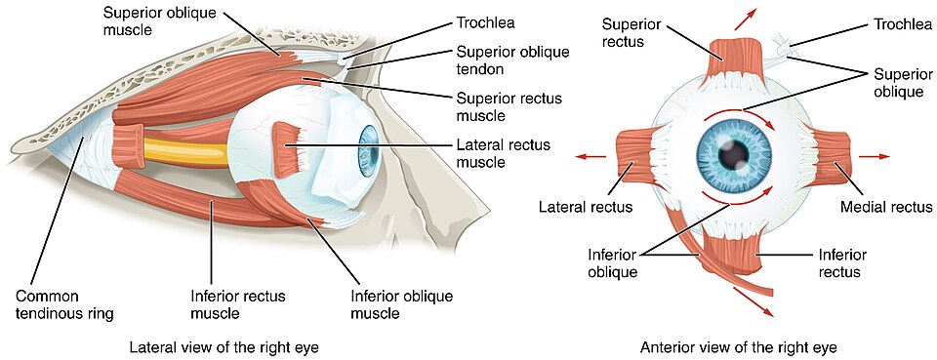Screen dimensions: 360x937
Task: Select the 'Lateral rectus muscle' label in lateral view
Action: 503,153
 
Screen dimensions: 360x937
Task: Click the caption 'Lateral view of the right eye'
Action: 224,346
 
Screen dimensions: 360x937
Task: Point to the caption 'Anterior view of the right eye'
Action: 739,346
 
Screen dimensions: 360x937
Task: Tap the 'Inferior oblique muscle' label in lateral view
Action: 388,304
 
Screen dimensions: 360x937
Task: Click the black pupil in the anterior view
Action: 734,154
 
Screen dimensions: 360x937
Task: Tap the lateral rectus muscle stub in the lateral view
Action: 289,149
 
